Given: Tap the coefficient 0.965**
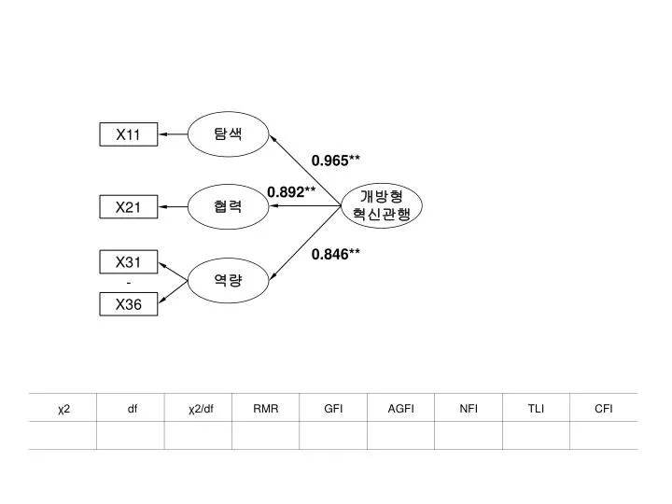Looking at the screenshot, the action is pyautogui.click(x=336, y=161).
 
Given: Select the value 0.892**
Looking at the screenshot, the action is pyautogui.click(x=291, y=192).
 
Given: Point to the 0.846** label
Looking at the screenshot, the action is pyautogui.click(x=336, y=254).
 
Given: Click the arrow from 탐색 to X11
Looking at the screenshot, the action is pyautogui.click(x=174, y=134).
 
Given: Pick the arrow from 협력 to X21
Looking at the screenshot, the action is pyautogui.click(x=174, y=206).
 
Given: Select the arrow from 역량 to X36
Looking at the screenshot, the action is pyautogui.click(x=174, y=292).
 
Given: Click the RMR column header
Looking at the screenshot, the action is pyautogui.click(x=266, y=409).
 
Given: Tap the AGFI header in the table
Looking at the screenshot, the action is pyautogui.click(x=400, y=409).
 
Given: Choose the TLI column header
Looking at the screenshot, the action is pyautogui.click(x=536, y=409).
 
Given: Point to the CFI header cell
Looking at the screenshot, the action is pyautogui.click(x=604, y=409).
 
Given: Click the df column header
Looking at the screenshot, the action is pyautogui.click(x=132, y=409).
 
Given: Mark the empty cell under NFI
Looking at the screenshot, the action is pyautogui.click(x=469, y=436).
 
